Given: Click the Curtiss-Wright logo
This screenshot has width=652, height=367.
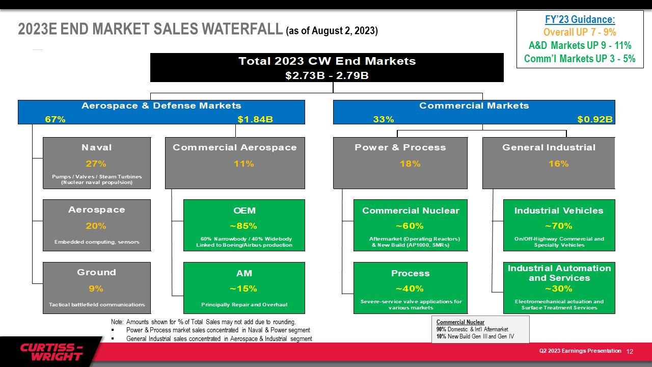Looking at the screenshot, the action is [x=51, y=352].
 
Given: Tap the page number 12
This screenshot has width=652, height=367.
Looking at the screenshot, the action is [x=630, y=352].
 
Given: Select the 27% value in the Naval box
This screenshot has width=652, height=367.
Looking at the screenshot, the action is [x=96, y=164].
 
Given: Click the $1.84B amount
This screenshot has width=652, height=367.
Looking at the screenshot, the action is [x=255, y=119].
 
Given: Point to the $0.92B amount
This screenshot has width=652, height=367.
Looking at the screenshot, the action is [x=595, y=119].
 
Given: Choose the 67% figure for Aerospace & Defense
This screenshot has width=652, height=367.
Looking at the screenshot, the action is [x=55, y=119].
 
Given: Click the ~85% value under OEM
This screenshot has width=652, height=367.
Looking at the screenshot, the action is [x=243, y=226].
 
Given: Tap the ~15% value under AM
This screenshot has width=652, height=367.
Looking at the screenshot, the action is [x=243, y=289].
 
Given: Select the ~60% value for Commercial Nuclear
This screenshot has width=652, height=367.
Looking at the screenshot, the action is [x=410, y=226].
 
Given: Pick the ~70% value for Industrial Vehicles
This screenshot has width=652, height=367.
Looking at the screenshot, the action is [x=559, y=226].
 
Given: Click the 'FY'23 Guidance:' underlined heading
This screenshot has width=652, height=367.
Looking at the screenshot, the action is [x=580, y=19].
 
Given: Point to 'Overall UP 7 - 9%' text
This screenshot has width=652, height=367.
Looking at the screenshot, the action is [x=580, y=32].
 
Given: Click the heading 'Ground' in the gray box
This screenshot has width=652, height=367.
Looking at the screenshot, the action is [x=97, y=272].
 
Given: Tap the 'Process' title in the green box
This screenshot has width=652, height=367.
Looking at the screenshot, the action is [x=411, y=273].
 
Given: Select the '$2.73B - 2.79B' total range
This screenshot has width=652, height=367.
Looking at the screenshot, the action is [x=327, y=75].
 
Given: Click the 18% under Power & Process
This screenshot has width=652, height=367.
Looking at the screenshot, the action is [x=410, y=164].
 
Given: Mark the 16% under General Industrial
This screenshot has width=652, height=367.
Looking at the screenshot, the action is [x=559, y=164].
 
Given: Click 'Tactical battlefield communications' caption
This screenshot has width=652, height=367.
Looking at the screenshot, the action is [x=97, y=305].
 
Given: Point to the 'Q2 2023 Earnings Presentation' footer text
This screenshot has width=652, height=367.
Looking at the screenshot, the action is [x=580, y=351].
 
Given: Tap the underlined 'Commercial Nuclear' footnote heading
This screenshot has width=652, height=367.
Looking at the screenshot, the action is [x=460, y=322].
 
